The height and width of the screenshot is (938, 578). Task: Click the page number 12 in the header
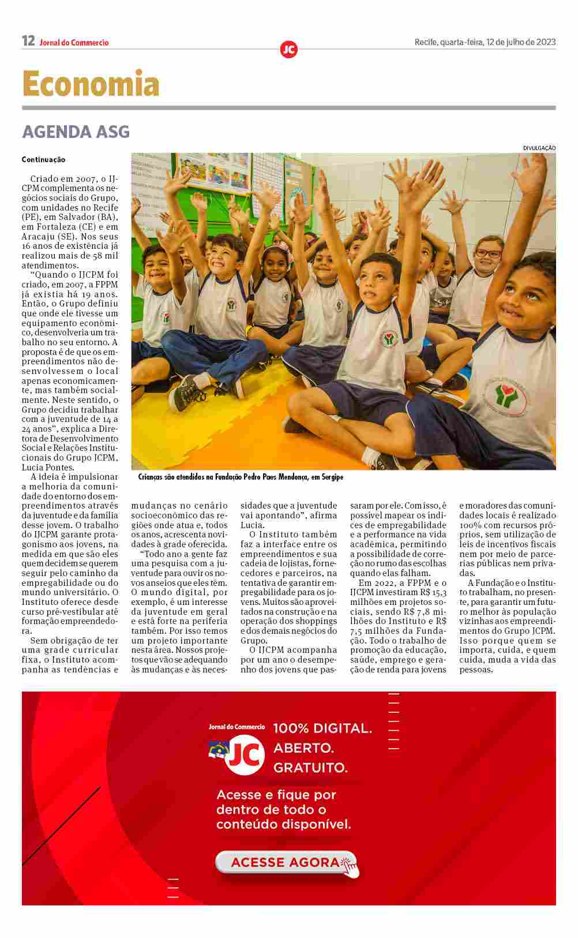(28, 41)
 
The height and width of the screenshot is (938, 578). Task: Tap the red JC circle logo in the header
(288, 50)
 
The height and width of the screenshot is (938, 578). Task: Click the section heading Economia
(91, 84)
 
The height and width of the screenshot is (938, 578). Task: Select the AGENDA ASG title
(76, 132)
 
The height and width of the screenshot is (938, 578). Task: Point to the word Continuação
(44, 160)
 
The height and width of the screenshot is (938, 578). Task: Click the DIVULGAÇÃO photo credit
(539, 148)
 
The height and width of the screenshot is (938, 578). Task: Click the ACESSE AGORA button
(286, 862)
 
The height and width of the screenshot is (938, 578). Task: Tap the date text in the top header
(485, 42)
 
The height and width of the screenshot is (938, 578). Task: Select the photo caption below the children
(241, 477)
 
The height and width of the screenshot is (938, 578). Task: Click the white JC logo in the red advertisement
(246, 754)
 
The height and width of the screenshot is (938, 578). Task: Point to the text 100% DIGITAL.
(322, 728)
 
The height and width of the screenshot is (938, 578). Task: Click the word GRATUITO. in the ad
(310, 768)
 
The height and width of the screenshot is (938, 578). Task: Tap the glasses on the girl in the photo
(488, 253)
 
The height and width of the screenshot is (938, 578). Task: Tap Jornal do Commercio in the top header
(74, 42)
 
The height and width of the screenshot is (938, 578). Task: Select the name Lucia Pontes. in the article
(48, 468)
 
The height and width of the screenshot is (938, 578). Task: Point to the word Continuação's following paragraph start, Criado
(43, 179)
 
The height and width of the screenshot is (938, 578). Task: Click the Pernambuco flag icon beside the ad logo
(219, 750)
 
